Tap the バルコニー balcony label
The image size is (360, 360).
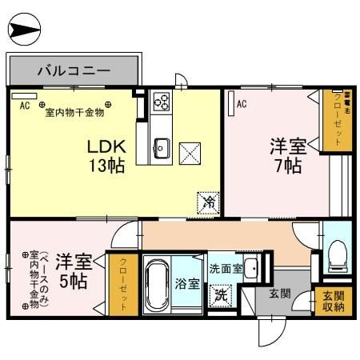point(74,71)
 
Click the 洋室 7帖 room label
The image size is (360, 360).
point(286,156)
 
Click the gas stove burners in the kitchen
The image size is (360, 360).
point(162,102)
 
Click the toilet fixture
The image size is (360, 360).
point(338,254)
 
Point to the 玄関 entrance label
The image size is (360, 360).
point(279,295)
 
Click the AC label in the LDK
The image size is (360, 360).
point(24,105)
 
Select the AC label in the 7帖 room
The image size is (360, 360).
point(241,102)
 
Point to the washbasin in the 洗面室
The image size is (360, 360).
point(250,268)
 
